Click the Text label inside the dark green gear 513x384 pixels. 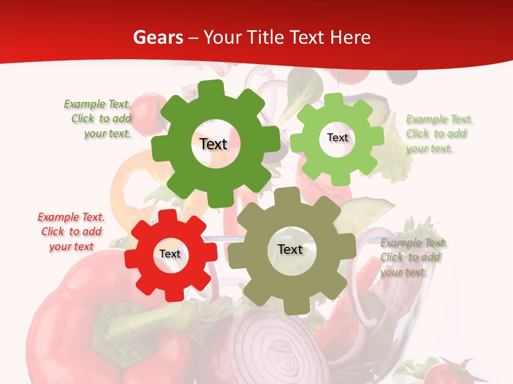click(x=213, y=144)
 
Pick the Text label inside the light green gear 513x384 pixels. click(x=337, y=138)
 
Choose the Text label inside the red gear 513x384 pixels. click(x=170, y=254)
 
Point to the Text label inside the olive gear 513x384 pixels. click(x=290, y=249)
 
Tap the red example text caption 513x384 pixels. click(x=71, y=231)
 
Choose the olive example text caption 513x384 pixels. click(x=413, y=257)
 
